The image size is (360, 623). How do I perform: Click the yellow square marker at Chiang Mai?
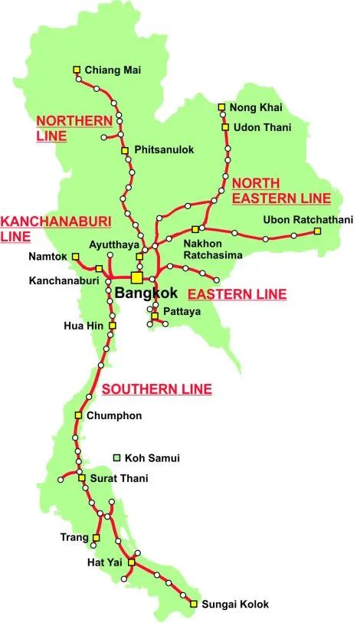click(x=77, y=70)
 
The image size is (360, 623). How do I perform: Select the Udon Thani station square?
click(x=225, y=127)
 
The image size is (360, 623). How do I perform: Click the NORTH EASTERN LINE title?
click(x=281, y=191)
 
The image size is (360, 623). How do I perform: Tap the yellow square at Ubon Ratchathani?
click(x=317, y=231)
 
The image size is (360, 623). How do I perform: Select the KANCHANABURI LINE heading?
click(x=55, y=229)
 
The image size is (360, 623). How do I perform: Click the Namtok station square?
click(x=76, y=256)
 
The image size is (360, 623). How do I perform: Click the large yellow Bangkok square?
click(x=137, y=277)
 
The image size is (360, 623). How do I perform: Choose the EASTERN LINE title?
click(x=237, y=294)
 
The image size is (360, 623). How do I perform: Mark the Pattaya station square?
click(x=154, y=316)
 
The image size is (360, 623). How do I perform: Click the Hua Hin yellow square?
click(x=113, y=326)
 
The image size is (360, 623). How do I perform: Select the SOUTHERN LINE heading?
click(x=156, y=389)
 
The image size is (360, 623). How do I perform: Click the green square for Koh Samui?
click(x=116, y=458)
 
